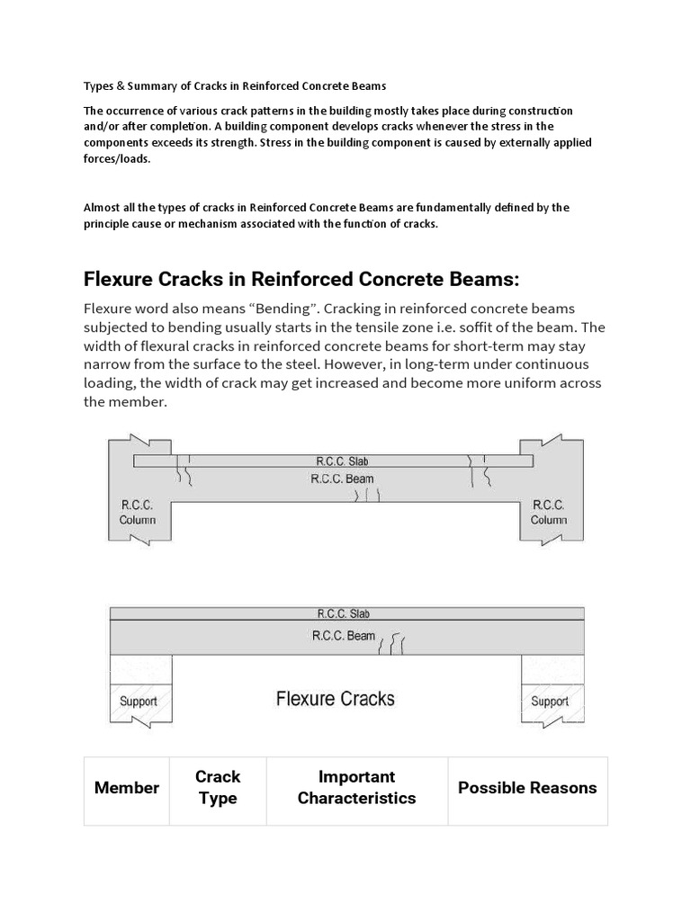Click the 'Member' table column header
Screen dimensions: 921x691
coord(127,788)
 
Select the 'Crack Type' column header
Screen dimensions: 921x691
coord(218,788)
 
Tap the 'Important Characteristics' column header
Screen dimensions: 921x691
coord(356,788)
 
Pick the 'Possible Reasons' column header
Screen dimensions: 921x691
coord(527,788)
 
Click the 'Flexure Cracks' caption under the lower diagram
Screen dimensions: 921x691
coord(335,699)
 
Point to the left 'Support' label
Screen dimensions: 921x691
coord(139,702)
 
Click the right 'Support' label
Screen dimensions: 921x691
coord(549,702)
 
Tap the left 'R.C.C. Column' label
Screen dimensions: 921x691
coord(137,512)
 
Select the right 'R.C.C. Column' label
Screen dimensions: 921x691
coord(549,512)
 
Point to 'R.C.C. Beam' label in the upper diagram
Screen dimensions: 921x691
coord(342,478)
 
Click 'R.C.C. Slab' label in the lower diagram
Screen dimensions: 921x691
coord(343,614)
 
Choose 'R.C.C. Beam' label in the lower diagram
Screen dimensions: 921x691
coord(343,636)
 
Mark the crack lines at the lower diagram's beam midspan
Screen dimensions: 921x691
coord(392,645)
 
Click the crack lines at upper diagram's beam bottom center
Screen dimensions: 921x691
coord(367,494)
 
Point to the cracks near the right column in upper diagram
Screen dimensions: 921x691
coord(479,471)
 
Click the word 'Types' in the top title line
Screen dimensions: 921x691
coord(99,86)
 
